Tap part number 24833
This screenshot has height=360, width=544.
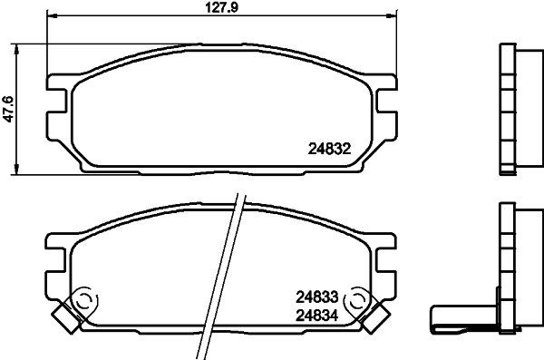point(316,296)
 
